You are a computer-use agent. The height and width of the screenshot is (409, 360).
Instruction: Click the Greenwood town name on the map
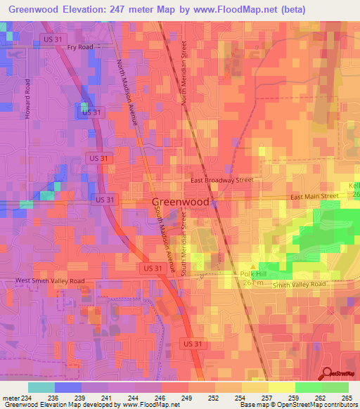(x=181, y=202)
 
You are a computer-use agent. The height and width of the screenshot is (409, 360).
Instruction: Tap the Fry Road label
(x=80, y=47)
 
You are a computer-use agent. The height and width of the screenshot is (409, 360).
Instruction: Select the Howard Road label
(x=29, y=98)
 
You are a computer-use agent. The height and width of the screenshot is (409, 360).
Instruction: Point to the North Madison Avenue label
(x=129, y=92)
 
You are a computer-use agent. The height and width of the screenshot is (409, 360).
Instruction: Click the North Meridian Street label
(x=186, y=72)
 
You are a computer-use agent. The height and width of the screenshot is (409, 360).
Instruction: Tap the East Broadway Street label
(x=222, y=180)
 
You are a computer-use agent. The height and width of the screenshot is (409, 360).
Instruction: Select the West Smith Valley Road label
(x=50, y=280)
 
